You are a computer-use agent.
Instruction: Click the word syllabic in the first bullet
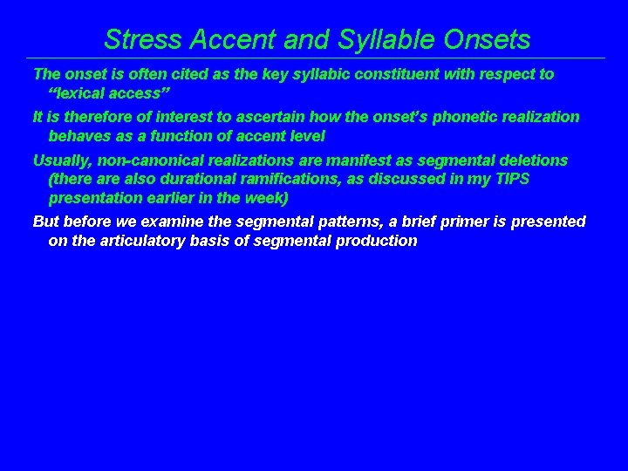point(304,74)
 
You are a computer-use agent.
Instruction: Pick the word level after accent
point(304,137)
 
